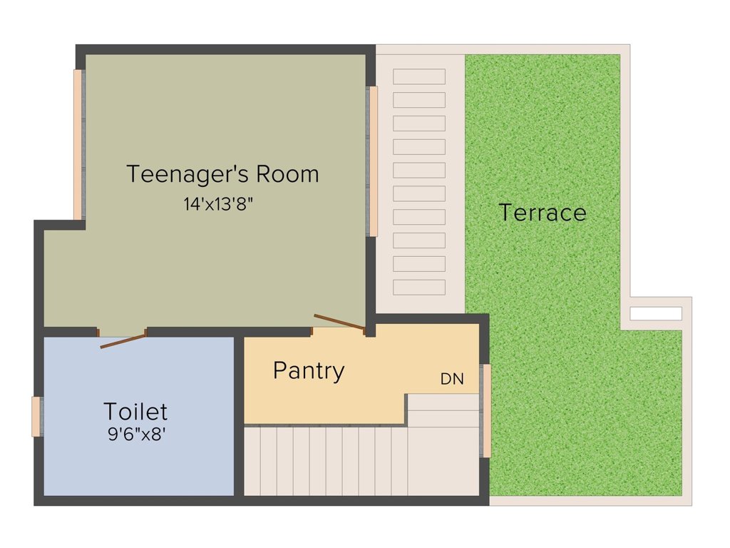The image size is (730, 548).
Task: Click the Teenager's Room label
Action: click(x=222, y=173)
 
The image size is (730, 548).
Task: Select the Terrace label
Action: click(x=542, y=212)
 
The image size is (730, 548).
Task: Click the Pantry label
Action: click(x=309, y=370)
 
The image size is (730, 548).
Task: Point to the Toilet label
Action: click(x=135, y=411)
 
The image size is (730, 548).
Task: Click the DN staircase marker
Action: click(x=452, y=380)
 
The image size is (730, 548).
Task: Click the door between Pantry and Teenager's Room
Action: click(x=340, y=323)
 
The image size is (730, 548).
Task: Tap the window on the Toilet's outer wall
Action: click(x=36, y=416)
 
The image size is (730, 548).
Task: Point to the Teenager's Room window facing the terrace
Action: click(x=372, y=161)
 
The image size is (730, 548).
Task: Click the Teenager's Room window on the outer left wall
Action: click(x=78, y=144)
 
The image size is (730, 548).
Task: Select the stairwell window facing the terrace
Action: click(x=487, y=410)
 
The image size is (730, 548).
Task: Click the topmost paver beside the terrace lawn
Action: click(x=419, y=76)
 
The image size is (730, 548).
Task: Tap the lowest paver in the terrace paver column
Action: click(x=419, y=287)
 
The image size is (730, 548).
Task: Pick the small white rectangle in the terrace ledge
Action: click(x=656, y=313)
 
